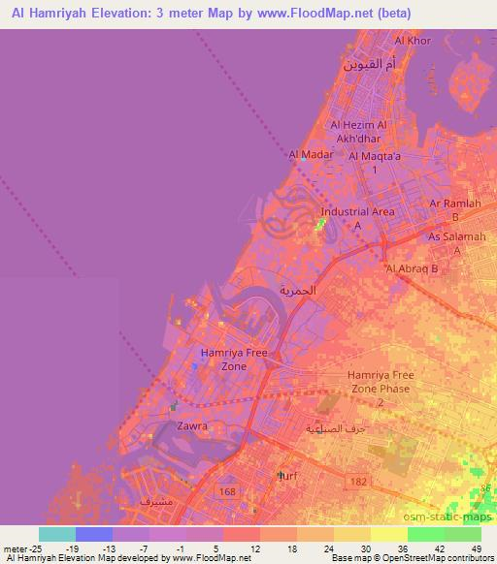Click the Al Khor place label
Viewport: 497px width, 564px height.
click(413, 42)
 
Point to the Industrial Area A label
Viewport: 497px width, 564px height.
click(358, 217)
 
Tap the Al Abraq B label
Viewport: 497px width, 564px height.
click(413, 267)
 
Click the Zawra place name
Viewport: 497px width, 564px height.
click(192, 425)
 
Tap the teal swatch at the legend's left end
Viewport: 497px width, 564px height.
click(57, 534)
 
